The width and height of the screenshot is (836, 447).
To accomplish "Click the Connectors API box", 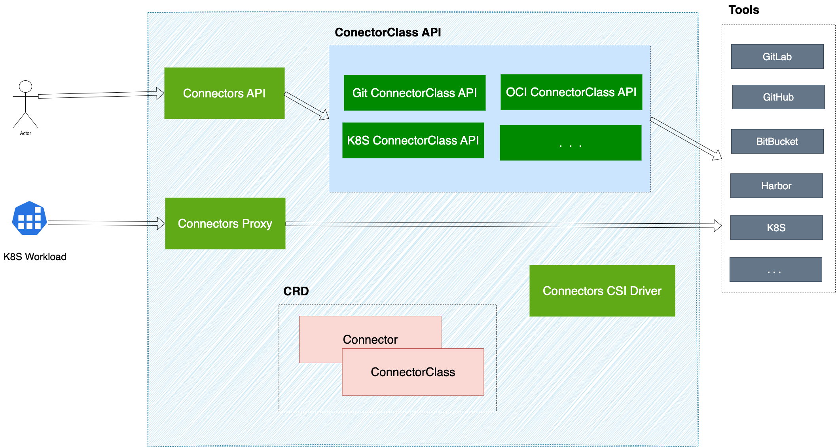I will [x=224, y=93].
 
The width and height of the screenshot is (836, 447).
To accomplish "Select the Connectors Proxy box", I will [x=225, y=223].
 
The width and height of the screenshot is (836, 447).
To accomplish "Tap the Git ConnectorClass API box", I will [x=414, y=93].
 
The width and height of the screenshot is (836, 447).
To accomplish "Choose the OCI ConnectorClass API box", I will [x=571, y=92].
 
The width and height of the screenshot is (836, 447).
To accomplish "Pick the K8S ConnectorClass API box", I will [x=413, y=140].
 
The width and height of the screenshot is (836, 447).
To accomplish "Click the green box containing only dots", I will [x=570, y=143].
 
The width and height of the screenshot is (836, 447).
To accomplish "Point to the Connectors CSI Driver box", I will [x=602, y=291].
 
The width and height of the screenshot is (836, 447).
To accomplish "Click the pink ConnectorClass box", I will [x=413, y=372].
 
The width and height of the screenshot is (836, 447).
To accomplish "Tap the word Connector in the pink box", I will [x=370, y=339].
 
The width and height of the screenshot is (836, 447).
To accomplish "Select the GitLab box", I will [x=777, y=57].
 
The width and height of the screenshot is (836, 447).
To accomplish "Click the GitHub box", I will [x=778, y=97].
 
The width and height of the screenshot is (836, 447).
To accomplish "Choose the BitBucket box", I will [x=777, y=141].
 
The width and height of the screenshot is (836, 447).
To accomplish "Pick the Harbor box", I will [x=776, y=186].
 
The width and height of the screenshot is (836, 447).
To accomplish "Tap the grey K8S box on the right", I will [x=776, y=228].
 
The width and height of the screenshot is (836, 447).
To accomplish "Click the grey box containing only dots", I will [x=775, y=270].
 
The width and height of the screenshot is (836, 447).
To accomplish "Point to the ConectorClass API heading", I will [x=388, y=32].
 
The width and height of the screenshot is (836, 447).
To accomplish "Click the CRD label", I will [x=296, y=291].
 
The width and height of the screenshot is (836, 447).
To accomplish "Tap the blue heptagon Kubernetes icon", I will [x=29, y=218].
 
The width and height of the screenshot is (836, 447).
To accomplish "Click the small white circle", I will [x=25, y=86].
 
